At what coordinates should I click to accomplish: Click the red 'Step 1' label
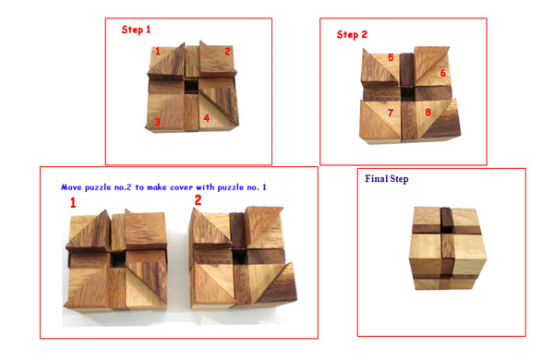136,30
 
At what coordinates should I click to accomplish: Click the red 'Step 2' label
352,34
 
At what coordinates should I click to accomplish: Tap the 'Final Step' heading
387,179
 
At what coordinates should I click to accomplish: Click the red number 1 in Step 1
158,52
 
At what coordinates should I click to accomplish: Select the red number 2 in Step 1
227,52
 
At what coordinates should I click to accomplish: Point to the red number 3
157,122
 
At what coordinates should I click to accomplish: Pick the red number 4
207,118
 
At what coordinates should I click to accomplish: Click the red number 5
391,57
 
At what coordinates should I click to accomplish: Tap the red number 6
442,73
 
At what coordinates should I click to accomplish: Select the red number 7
391,113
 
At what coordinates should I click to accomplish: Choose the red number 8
428,113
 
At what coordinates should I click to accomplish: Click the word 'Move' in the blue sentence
71,187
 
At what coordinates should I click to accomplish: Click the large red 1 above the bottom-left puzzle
73,203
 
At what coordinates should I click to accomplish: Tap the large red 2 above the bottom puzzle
198,200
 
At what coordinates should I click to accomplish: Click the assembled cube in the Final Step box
447,248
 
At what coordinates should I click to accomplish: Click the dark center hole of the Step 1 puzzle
191,87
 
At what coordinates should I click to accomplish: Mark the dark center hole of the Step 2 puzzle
408,93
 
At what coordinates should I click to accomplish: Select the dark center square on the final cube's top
447,229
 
